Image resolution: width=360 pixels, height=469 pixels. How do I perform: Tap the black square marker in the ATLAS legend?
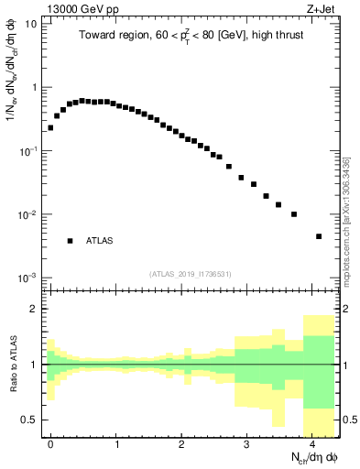point(70,241)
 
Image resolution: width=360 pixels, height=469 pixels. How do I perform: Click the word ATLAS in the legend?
point(100,241)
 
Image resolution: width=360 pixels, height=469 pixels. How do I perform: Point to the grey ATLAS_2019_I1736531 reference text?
point(189,273)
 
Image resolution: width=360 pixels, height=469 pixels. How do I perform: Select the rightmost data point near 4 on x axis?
point(319,236)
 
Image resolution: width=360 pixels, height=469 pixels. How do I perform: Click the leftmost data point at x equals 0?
point(50,127)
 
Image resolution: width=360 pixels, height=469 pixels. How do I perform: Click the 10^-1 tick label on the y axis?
point(27,151)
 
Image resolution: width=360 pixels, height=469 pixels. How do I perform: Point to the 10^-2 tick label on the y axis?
point(27,215)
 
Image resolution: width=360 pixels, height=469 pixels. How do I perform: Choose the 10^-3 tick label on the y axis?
point(27,278)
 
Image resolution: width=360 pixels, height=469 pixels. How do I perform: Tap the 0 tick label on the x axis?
point(50,443)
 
